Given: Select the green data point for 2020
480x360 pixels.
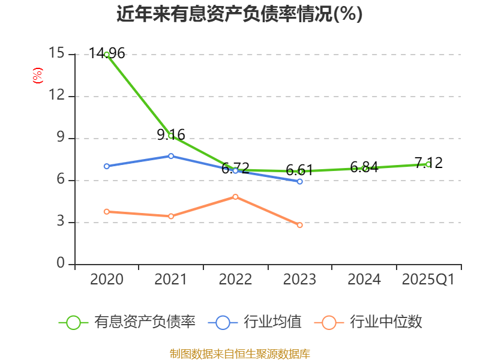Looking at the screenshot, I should tap(107, 54).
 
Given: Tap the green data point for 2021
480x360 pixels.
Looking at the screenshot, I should tap(171, 136).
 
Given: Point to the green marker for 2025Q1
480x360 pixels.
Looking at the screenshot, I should tap(428, 164).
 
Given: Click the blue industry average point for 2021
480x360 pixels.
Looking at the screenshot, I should tap(171, 156).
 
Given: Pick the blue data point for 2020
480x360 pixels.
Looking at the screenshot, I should tap(107, 166).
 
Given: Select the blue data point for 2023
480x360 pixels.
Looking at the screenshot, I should tap(300, 181).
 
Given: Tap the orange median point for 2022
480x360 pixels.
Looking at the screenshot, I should tap(236, 197).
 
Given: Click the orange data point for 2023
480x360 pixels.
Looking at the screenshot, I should tap(300, 225).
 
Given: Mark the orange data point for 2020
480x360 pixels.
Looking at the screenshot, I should tap(107, 211).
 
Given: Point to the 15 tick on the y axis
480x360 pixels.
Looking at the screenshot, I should tap(56, 53).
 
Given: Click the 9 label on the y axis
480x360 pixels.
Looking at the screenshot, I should tap(61, 138).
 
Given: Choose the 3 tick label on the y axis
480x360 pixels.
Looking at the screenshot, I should tap(61, 222).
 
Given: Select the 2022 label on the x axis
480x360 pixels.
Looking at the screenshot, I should tap(235, 280).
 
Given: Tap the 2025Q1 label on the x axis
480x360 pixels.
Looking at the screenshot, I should tap(428, 280).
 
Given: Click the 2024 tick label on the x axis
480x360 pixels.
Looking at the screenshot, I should tap(364, 280).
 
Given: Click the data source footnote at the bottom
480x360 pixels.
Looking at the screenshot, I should tap(239, 353).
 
